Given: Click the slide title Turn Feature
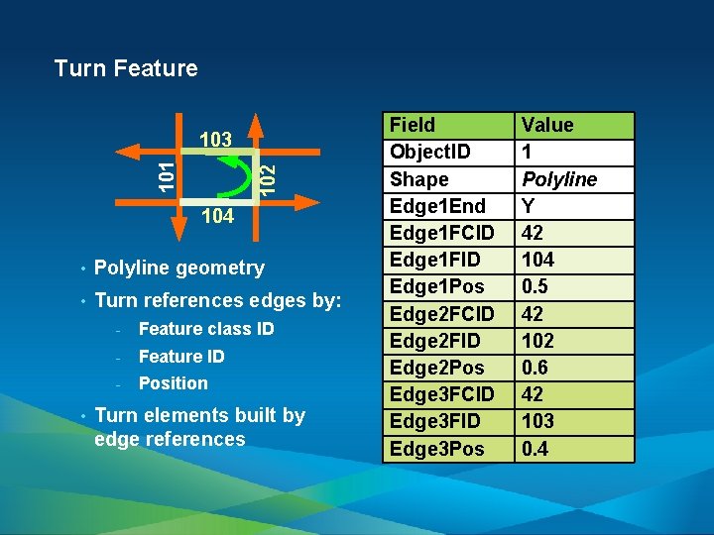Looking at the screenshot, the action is (x=126, y=68).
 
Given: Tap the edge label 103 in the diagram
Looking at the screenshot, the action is (x=215, y=140).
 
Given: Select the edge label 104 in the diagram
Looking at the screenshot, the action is (x=216, y=217).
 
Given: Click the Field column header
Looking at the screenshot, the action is (x=413, y=125).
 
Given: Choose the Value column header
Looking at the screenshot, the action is (x=547, y=125).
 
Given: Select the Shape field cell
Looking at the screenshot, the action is (x=418, y=179).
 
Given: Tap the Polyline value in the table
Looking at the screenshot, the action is (x=559, y=179).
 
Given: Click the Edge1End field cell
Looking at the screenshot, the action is (x=435, y=206).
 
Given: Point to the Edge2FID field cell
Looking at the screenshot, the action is (x=435, y=341).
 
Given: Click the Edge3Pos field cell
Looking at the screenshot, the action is (x=437, y=449).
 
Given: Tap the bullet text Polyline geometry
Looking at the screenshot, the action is (x=179, y=267).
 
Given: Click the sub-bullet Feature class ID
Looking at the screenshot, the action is (x=206, y=329).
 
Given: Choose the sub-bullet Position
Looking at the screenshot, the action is (x=174, y=383).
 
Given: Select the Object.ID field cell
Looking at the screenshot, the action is (x=430, y=153).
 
